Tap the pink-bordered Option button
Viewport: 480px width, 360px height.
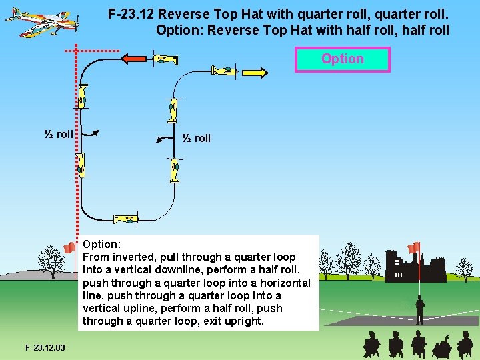pos(343,59)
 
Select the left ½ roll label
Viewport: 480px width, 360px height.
pos(59,134)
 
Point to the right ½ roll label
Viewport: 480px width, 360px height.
pos(196,138)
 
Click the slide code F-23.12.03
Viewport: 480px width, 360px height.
pos(45,347)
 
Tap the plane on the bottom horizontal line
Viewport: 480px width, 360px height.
pos(125,219)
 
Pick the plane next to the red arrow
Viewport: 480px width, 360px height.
pos(165,59)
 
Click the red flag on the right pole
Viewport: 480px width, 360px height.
pos(413,248)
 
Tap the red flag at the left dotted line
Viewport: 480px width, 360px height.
pos(69,248)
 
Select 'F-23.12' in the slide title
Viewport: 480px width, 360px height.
pos(131,13)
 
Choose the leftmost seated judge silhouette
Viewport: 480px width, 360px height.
pos(371,345)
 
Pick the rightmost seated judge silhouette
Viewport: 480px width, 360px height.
pos(465,345)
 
